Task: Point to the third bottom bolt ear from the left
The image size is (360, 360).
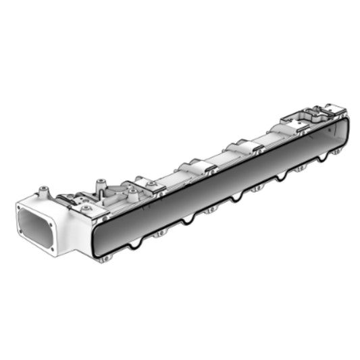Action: [210, 210]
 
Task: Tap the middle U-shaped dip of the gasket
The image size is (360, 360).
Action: [236, 197]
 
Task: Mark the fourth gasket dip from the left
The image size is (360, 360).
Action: [277, 178]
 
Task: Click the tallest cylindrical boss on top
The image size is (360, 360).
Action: [101, 184]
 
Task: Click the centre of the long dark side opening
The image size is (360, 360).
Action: [223, 182]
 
